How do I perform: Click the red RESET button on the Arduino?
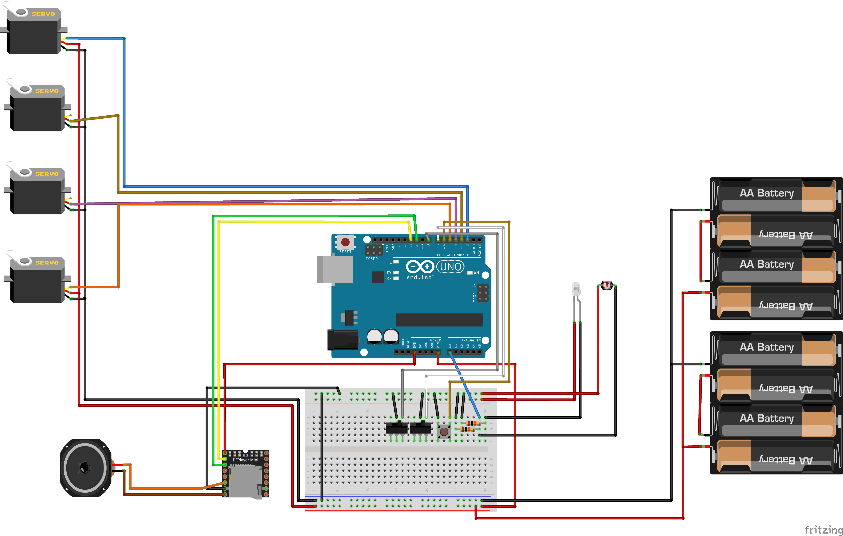point(345,242)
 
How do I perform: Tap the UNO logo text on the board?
point(450,267)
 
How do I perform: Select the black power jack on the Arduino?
point(342,340)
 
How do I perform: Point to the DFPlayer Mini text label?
point(245,460)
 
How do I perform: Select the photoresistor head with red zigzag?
point(606,285)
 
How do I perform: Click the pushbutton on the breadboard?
point(444,432)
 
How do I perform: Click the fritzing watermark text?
point(823,530)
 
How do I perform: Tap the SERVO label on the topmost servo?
point(43,14)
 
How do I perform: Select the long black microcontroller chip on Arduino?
point(439,320)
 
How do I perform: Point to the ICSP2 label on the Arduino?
point(371,259)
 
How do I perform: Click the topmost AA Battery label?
point(767,193)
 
